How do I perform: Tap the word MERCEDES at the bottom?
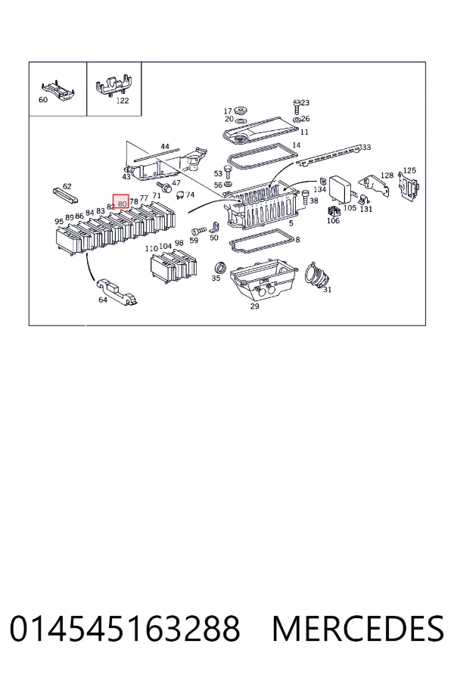tap(358, 629)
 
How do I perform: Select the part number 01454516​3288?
tap(125, 629)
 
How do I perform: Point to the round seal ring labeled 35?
tap(221, 268)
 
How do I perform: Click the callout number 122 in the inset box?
tap(123, 101)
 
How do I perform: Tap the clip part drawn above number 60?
tap(58, 90)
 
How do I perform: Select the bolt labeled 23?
tap(297, 106)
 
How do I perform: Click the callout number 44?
tap(165, 147)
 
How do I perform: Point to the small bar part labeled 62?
tap(65, 196)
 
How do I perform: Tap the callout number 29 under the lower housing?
tap(254, 306)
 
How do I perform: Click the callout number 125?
tap(409, 171)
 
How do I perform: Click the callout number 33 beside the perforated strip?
tap(366, 148)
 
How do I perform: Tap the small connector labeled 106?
tap(333, 212)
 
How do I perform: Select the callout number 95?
tap(59, 222)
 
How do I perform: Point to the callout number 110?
tap(151, 249)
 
